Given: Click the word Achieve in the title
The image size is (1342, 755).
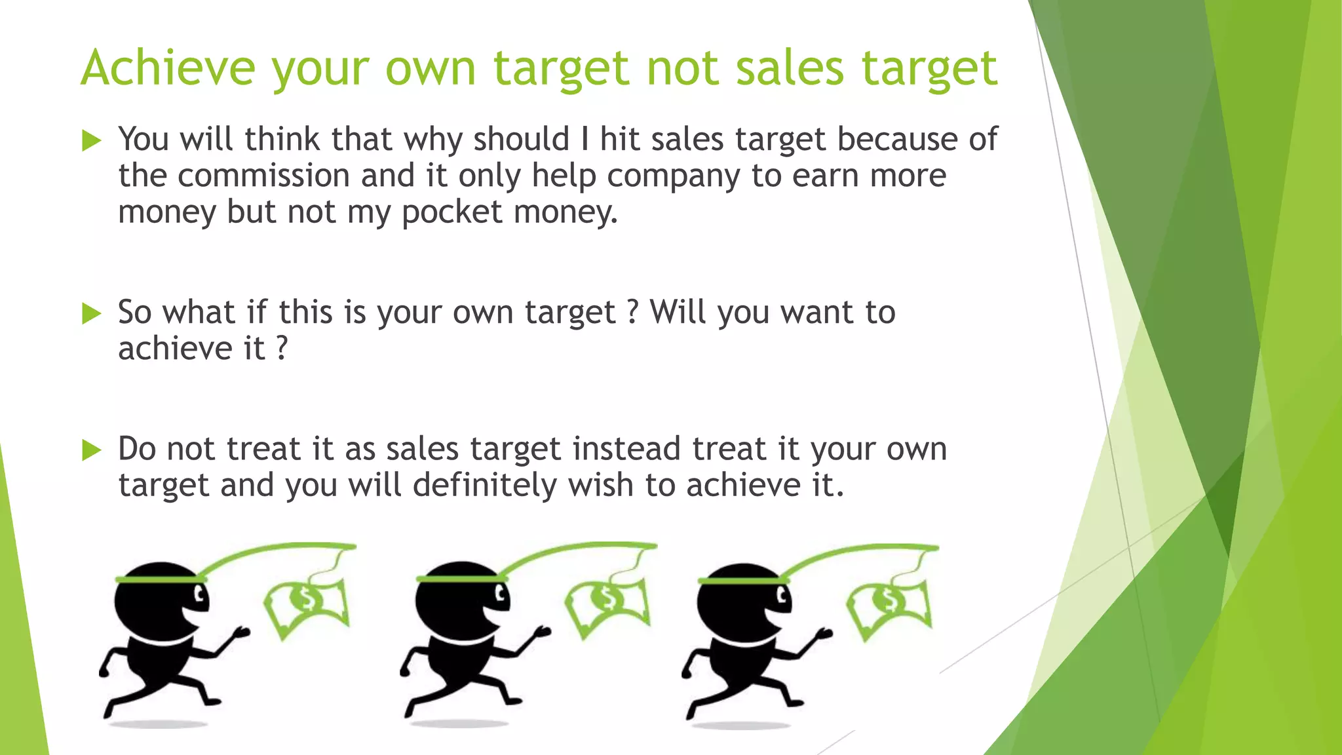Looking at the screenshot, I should [168, 68].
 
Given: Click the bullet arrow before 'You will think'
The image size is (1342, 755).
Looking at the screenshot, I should [92, 141].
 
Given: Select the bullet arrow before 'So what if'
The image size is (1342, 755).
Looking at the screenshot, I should [92, 314].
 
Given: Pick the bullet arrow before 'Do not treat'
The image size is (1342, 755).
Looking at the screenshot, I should [92, 450].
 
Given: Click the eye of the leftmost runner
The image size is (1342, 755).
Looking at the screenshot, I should [199, 596].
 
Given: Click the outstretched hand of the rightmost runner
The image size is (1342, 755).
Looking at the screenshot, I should [824, 634].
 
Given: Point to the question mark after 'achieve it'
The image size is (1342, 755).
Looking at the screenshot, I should [282, 348].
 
